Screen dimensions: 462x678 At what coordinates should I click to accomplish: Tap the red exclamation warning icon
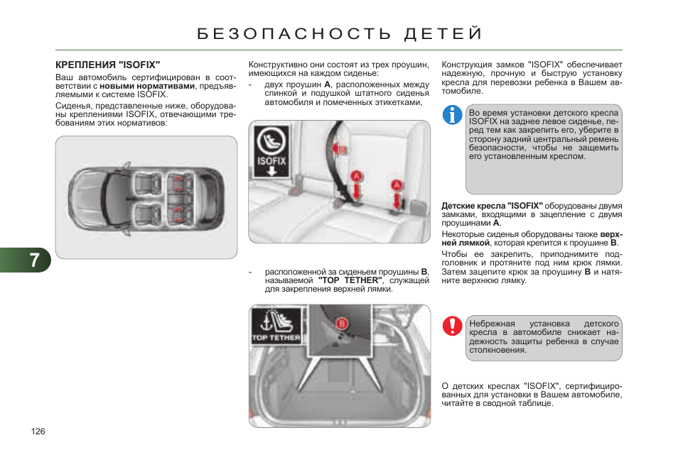click(452, 326)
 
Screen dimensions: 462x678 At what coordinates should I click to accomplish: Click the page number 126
click(38, 431)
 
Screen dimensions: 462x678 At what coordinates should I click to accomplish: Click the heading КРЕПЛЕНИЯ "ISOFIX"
click(108, 64)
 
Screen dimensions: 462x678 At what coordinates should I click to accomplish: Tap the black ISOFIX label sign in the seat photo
click(271, 153)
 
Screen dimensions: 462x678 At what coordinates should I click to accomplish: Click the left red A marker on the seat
click(357, 175)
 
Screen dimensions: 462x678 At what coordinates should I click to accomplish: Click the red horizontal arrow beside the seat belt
click(340, 148)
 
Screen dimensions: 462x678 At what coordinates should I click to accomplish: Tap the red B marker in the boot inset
click(342, 324)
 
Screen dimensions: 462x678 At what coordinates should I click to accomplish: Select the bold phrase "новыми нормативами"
click(147, 86)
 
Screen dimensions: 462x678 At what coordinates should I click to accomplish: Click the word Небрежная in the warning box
click(492, 324)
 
